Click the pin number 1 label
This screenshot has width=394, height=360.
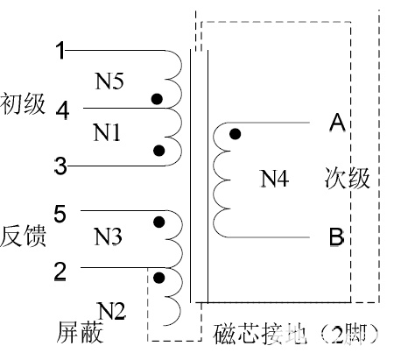click(60, 51)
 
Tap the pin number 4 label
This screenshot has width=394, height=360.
click(63, 110)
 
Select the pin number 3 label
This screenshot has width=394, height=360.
click(60, 166)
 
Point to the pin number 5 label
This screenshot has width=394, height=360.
click(60, 214)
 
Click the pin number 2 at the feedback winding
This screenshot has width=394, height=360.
click(60, 272)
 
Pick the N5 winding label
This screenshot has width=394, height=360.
click(109, 81)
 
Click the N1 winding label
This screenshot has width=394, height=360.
click(107, 132)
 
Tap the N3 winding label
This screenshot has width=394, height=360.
click(108, 236)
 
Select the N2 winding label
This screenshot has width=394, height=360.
click(111, 311)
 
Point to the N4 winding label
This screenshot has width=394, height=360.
click(275, 179)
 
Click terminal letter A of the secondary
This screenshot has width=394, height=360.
click(337, 123)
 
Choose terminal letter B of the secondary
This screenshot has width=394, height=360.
click(336, 237)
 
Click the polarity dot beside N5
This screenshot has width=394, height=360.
click(157, 99)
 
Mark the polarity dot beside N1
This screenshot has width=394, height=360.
click(158, 151)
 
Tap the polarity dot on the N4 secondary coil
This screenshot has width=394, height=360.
click(236, 134)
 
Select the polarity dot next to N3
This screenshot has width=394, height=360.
click(159, 222)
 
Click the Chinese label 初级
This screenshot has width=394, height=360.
click(23, 103)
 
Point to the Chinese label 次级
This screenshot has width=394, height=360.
click(347, 178)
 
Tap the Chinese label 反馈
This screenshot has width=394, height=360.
click(23, 236)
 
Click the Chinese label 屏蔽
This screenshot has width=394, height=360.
click(80, 332)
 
